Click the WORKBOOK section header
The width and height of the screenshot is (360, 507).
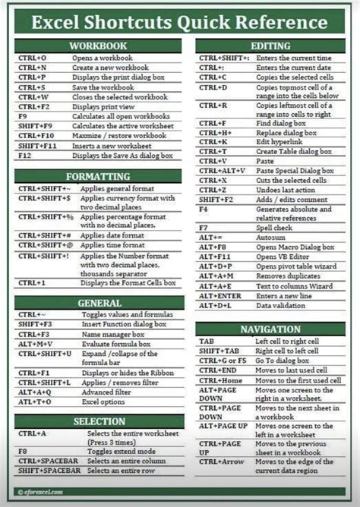point(96,46)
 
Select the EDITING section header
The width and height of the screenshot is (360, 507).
point(270,46)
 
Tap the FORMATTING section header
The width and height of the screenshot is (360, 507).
point(96,176)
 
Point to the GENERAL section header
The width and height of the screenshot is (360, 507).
point(96,302)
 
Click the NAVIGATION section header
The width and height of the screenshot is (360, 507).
point(270,329)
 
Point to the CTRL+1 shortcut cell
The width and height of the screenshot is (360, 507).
point(35,282)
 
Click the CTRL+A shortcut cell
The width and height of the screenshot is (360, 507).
point(34,433)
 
